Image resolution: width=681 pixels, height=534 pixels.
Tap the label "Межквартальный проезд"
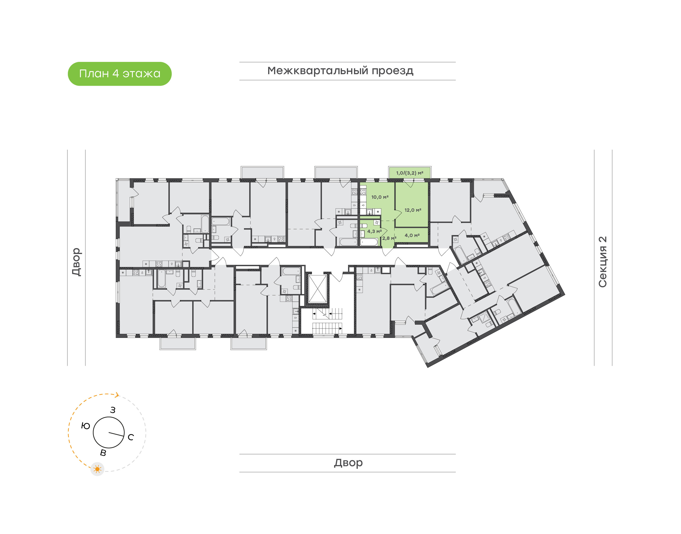[340, 71]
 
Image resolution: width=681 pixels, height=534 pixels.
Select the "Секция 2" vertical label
[602, 262]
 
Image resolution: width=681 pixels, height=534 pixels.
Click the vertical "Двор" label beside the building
[77, 262]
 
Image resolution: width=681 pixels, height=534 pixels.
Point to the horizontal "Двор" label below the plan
[348, 463]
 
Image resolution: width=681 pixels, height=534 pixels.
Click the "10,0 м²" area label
[380, 197]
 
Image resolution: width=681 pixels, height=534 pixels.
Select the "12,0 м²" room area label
[413, 210]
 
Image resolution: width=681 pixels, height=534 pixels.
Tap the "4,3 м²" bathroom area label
[375, 231]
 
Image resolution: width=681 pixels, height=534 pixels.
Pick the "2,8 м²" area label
[389, 238]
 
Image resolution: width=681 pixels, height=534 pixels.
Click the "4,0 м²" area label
[412, 235]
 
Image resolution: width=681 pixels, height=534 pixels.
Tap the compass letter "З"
[113, 410]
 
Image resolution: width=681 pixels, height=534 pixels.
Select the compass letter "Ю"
[86, 426]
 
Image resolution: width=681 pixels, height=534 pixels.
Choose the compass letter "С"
[131, 437]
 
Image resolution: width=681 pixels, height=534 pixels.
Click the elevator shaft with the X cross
[318, 289]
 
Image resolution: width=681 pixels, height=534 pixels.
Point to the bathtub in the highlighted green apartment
[369, 242]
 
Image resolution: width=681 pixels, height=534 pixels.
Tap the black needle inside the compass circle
[116, 434]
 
